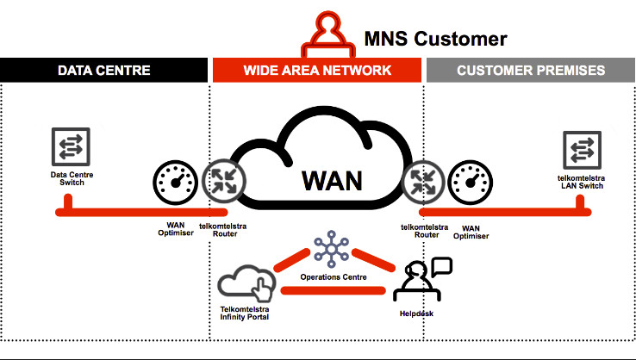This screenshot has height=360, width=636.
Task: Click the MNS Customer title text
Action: (435, 38)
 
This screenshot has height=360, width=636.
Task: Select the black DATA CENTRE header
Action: (104, 70)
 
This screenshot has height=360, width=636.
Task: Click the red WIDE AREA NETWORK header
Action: (317, 70)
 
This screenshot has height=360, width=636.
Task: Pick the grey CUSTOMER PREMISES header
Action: (531, 70)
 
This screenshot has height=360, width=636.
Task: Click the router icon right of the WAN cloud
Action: (424, 181)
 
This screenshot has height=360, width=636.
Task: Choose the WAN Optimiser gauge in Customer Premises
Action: (472, 182)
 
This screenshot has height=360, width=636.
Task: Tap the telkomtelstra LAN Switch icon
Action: (580, 149)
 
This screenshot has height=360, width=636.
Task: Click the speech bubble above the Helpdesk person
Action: (441, 266)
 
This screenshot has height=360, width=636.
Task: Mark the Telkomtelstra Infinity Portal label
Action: (245, 313)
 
